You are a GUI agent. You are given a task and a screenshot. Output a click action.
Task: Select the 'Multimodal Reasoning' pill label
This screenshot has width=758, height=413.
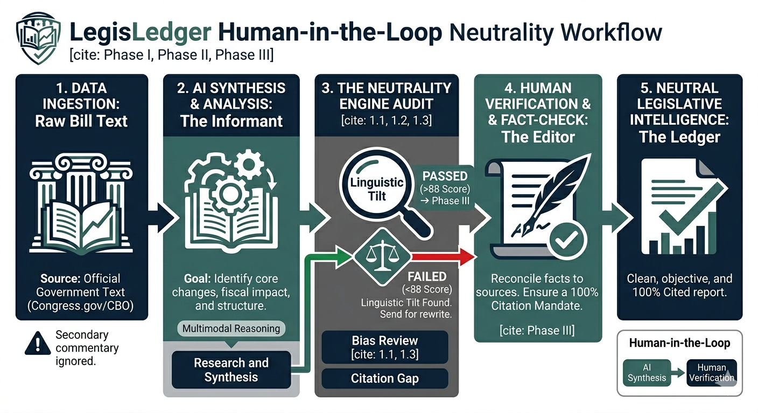click(x=231, y=329)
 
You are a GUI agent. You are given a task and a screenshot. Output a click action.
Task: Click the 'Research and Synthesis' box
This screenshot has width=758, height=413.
click(x=231, y=370)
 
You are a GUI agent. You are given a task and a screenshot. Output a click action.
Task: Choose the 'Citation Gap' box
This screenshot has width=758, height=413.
click(x=384, y=379)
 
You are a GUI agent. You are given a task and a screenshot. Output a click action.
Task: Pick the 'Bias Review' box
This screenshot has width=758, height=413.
click(x=384, y=346)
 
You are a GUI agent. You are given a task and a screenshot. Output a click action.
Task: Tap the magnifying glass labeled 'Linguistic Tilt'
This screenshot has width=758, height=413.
click(x=377, y=188)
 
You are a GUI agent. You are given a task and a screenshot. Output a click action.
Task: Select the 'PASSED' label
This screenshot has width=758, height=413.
click(x=445, y=176)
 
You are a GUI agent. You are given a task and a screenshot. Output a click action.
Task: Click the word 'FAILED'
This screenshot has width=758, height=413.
click(x=427, y=277)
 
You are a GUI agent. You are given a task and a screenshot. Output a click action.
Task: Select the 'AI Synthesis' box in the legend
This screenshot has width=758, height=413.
click(x=647, y=372)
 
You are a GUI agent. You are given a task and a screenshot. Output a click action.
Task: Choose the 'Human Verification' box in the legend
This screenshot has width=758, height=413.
click(x=712, y=372)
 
